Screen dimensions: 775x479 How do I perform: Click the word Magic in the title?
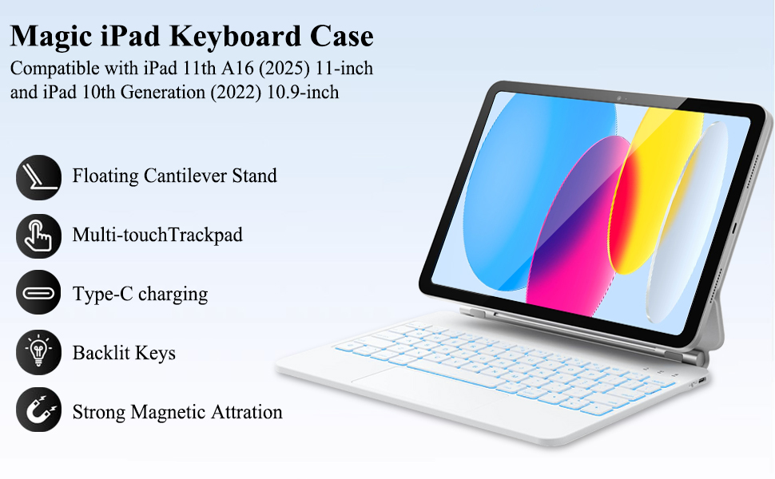point(51,37)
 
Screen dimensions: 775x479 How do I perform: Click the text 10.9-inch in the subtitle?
point(303,93)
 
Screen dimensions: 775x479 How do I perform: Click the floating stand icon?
point(38,177)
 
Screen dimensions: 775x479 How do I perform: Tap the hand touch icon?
point(38,236)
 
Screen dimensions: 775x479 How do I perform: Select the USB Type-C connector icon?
point(38,292)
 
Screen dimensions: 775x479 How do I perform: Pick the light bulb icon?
point(38,352)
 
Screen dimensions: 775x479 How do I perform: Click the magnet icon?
point(38,410)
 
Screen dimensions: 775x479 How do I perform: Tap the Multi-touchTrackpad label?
point(157,235)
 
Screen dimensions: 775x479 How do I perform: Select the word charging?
point(173,295)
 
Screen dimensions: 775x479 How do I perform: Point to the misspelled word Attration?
point(247,412)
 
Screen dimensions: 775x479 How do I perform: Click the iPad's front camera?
point(618,98)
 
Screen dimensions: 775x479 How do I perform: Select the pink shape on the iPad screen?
point(578,228)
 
